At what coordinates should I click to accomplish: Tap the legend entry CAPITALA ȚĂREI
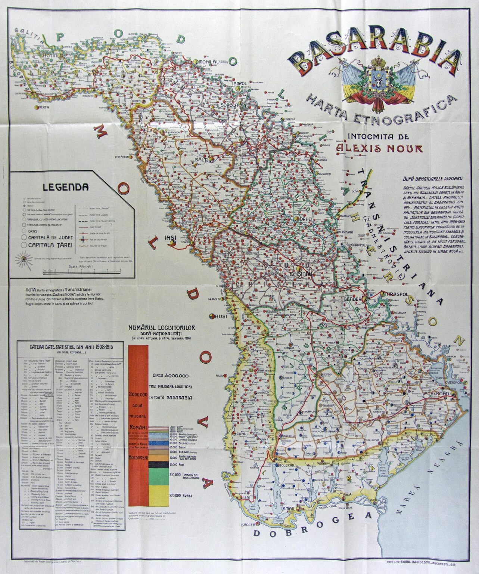(49, 246)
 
